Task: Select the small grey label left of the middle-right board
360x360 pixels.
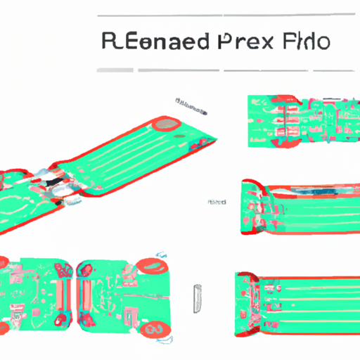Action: coord(216,202)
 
